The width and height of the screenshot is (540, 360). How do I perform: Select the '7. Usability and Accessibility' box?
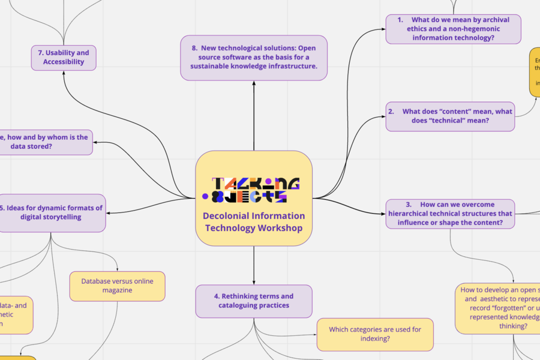(x=64, y=58)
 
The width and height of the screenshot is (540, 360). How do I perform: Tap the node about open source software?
(x=254, y=58)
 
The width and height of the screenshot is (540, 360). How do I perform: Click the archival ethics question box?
(x=453, y=29)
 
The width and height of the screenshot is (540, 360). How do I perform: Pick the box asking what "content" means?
(x=450, y=116)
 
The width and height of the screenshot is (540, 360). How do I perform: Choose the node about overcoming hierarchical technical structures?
(x=450, y=214)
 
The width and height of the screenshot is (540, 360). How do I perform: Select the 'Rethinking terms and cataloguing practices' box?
(x=254, y=301)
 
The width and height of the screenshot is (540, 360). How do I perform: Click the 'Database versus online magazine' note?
(x=117, y=286)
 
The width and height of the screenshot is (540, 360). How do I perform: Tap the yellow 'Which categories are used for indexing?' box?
(x=375, y=334)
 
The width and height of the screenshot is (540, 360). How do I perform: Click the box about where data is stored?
(x=46, y=142)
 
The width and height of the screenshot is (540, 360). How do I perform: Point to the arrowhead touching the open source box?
(x=254, y=83)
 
